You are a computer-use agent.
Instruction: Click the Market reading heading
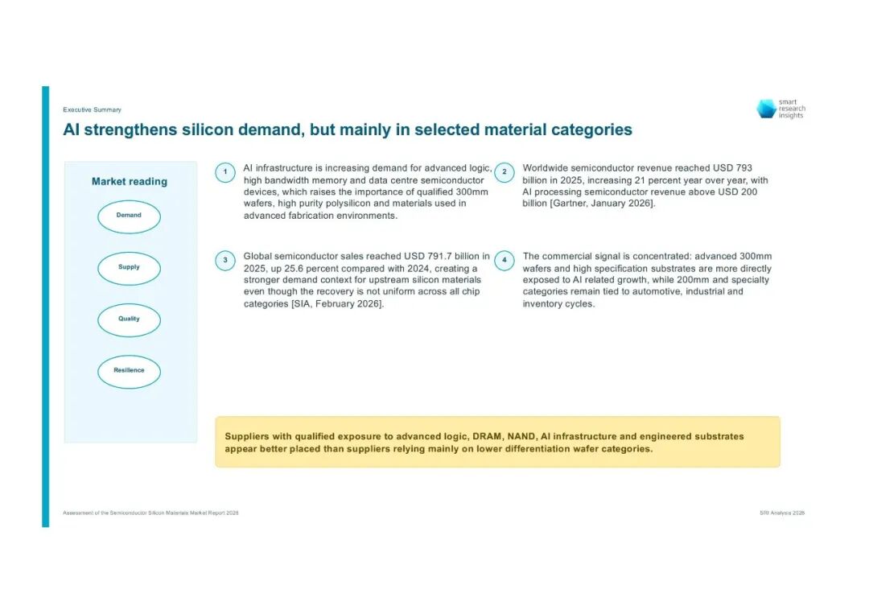click(129, 181)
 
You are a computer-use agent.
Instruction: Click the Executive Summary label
click(92, 109)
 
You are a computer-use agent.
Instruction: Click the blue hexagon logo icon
click(767, 109)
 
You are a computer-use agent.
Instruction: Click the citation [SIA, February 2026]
click(337, 303)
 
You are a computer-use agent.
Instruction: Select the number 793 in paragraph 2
click(743, 168)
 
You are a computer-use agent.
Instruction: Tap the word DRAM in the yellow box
click(487, 436)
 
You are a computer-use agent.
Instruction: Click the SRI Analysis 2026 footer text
click(782, 513)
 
